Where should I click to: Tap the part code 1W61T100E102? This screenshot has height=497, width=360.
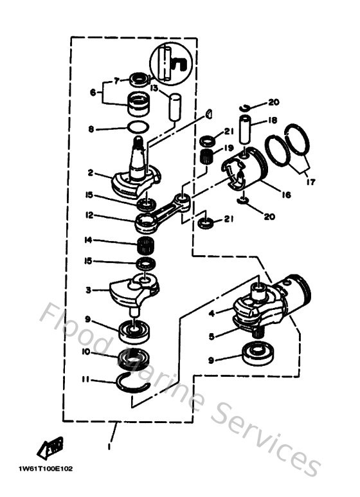tap(46, 468)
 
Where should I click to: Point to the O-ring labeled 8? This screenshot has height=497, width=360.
tap(138, 127)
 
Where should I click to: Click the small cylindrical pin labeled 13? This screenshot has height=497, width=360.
tap(174, 104)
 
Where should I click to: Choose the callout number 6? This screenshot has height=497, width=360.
tap(94, 92)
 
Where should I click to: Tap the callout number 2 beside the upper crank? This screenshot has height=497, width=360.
tap(91, 172)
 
